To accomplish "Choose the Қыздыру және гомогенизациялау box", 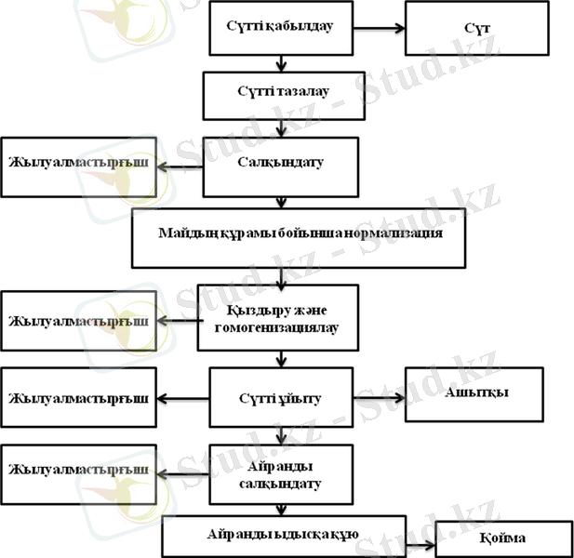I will tap(277, 317).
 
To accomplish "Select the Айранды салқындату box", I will tap(281, 475).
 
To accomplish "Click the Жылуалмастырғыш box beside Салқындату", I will tap(78, 166).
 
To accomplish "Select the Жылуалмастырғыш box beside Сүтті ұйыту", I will tap(78, 400).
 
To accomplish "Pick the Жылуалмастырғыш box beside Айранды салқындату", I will tap(78, 472).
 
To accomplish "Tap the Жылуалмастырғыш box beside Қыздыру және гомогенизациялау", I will tap(78, 321).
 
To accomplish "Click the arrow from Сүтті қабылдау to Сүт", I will tap(380, 28).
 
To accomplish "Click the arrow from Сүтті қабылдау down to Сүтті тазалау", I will tap(280, 63).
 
